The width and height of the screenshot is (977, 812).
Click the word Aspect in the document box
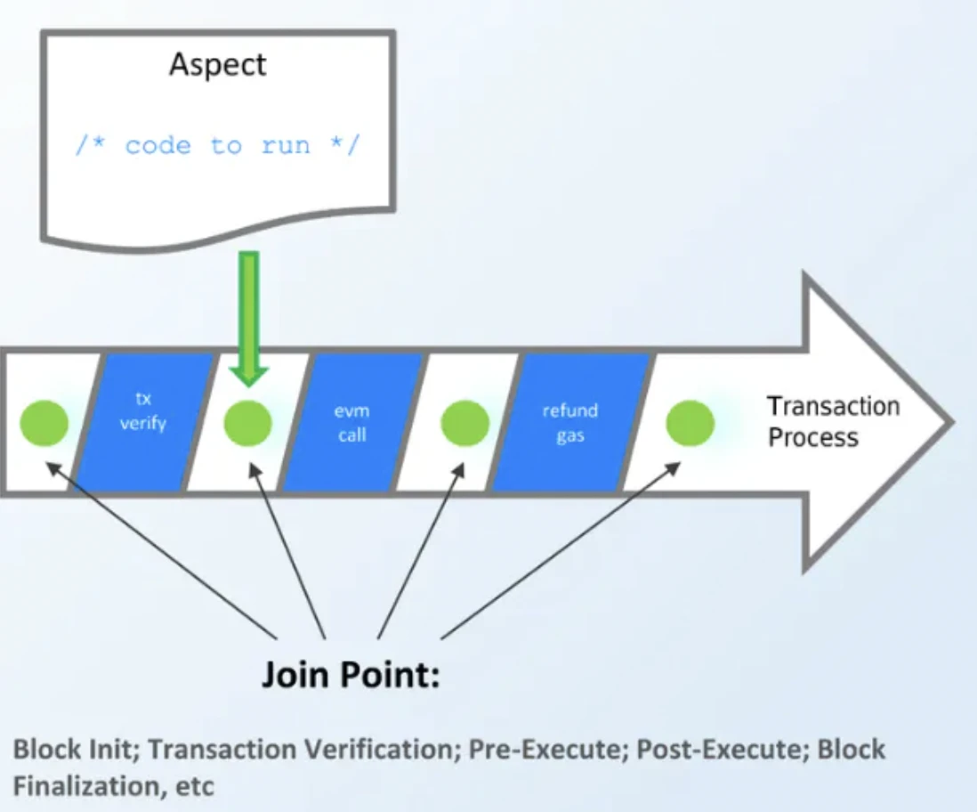tap(218, 66)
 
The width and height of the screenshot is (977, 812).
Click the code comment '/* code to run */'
tap(217, 145)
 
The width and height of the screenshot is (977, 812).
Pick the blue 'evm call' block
tap(351, 422)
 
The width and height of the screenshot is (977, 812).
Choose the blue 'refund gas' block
tap(570, 423)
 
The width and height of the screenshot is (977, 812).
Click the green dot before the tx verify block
tap(44, 423)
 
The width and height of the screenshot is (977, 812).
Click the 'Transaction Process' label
tap(834, 422)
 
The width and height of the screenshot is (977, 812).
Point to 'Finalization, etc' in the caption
tap(113, 786)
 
